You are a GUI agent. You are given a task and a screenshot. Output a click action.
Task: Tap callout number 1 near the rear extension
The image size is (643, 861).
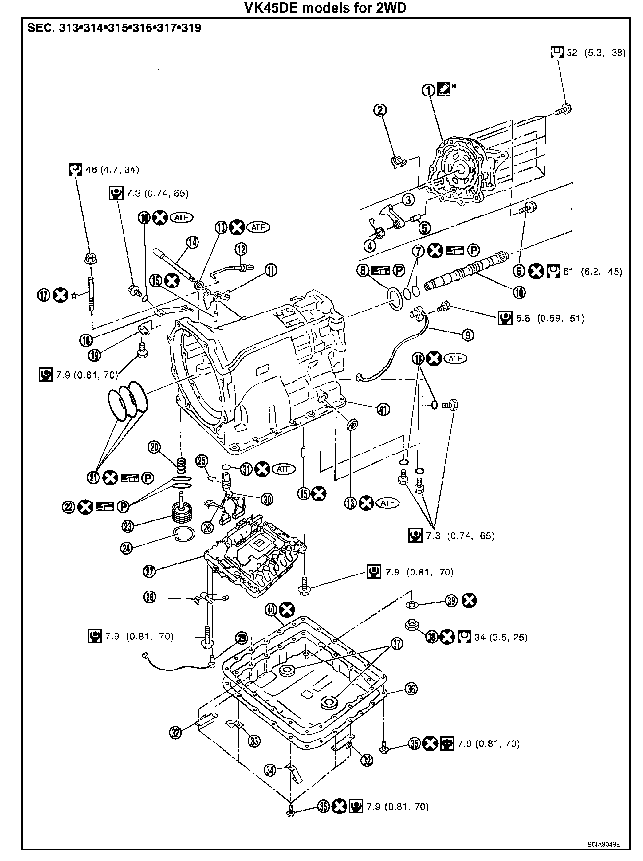click(x=429, y=90)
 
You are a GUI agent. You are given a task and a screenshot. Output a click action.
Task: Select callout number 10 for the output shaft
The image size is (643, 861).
click(x=519, y=292)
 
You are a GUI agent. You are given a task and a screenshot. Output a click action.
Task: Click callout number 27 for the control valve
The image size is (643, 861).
click(x=150, y=570)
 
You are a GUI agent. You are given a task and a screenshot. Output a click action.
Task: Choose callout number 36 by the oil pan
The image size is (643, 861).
click(x=411, y=689)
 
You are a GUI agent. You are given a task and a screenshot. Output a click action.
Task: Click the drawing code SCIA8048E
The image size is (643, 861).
click(x=604, y=844)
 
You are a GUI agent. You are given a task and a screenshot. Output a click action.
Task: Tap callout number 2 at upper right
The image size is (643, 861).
click(x=381, y=110)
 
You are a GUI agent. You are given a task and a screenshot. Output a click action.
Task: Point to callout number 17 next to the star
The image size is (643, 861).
click(x=45, y=295)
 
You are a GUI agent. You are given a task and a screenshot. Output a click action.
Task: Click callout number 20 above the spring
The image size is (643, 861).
click(x=155, y=447)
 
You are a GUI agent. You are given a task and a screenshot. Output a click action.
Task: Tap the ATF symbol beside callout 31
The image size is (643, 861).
click(x=284, y=469)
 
